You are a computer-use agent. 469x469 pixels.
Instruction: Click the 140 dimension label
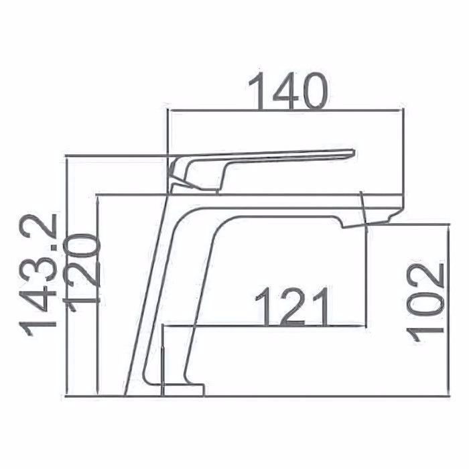[288, 91]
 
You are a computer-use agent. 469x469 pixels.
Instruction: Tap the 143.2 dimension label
[38, 275]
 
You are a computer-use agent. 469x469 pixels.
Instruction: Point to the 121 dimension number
[293, 307]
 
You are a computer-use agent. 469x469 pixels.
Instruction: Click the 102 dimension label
[425, 304]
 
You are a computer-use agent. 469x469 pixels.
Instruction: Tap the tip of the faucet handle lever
[354, 153]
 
